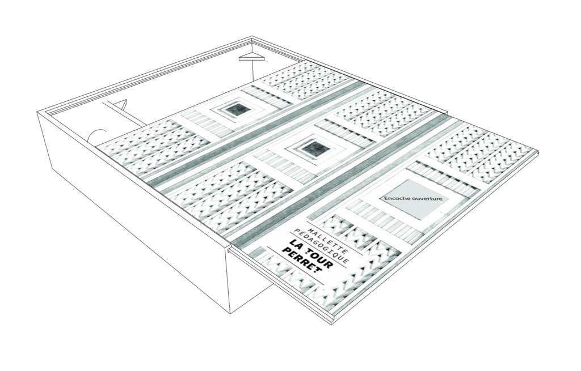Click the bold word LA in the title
coord(295,245)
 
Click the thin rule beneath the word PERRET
coord(295,266)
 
